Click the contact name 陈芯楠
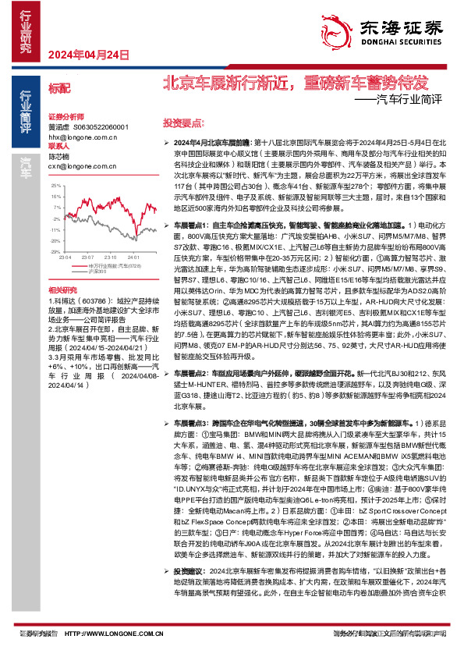59,156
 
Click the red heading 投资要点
182,123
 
